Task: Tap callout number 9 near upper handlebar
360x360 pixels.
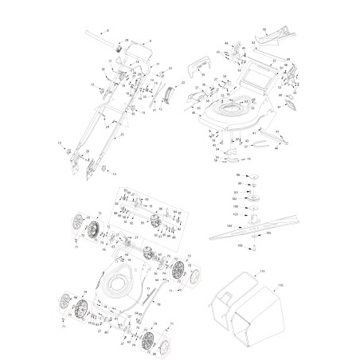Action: tap(151, 40)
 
